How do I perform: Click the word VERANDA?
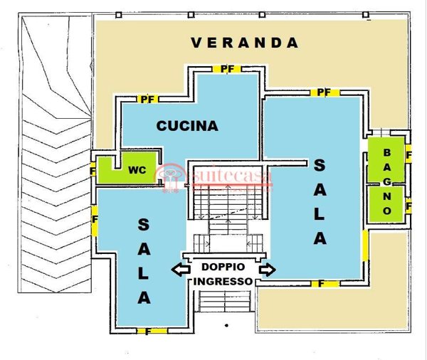point(245,43)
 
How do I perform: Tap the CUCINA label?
point(187,126)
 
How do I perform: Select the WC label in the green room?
point(137,171)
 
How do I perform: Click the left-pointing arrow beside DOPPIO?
point(180,269)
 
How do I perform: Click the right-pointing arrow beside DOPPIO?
point(268,269)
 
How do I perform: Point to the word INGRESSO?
point(223,282)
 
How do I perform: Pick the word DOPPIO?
point(223,268)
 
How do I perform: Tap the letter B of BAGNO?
point(387,152)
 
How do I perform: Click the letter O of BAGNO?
point(387,211)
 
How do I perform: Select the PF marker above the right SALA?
point(324,92)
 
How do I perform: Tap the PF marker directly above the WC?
point(147,99)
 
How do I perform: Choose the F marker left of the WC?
point(93,171)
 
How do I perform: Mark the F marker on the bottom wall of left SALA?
point(147,331)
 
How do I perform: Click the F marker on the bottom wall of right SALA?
point(322,284)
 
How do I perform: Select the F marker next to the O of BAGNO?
point(408,206)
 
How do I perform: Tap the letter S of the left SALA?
point(143,226)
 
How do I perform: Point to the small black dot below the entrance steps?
point(226,325)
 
